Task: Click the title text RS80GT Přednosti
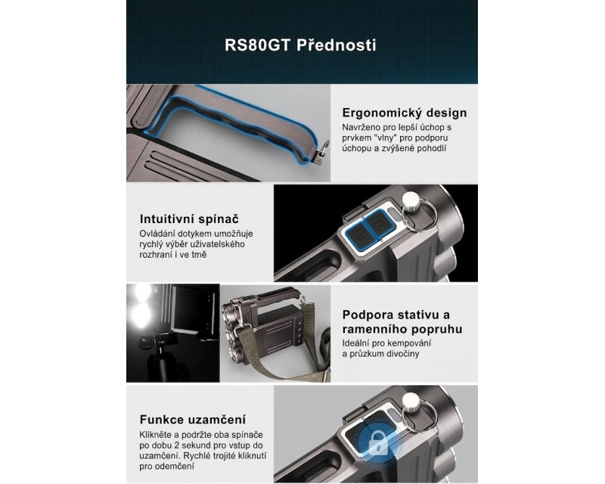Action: point(300,45)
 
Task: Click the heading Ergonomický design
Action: point(405,113)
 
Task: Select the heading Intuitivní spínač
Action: point(189,219)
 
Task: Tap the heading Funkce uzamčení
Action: point(193,420)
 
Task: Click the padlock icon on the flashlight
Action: point(378,443)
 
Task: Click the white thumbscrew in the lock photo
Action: point(411,402)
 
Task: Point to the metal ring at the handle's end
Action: point(325,147)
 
